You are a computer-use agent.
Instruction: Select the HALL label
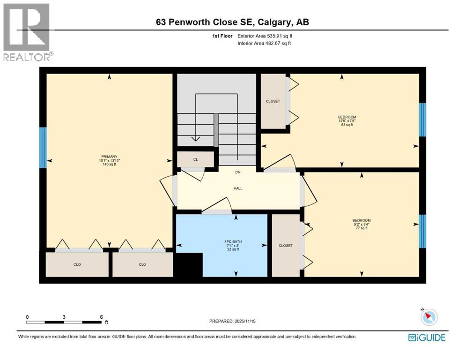(x=238, y=188)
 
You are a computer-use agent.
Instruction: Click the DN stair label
(x=238, y=172)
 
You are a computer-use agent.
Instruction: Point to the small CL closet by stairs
(x=196, y=159)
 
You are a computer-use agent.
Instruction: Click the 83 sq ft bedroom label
(x=347, y=121)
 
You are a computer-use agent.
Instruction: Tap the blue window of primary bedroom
(x=43, y=147)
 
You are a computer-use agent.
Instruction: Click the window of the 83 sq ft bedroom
(x=422, y=120)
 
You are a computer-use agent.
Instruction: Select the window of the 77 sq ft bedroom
(x=422, y=231)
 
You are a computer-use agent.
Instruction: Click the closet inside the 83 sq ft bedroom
(x=273, y=101)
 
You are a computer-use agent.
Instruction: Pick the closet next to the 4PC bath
(x=285, y=246)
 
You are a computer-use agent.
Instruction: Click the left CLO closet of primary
(x=77, y=264)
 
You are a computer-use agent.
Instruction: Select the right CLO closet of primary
(x=142, y=264)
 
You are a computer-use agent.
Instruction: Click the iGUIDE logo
(x=427, y=337)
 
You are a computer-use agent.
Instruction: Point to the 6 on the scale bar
(x=101, y=317)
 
